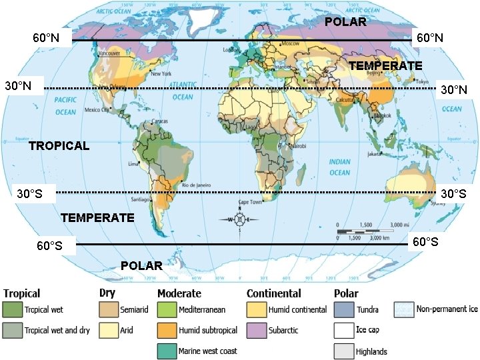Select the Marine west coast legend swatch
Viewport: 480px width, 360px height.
167,351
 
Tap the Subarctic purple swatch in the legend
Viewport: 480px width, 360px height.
257,330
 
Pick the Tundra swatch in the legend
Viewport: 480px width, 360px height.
344,309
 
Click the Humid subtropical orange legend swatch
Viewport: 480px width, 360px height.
167,330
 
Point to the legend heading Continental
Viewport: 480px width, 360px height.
273,293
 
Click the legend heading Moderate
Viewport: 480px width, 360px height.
179,293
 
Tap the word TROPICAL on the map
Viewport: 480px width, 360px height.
59,145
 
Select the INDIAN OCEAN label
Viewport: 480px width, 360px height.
339,167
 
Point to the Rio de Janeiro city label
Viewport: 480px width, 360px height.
197,185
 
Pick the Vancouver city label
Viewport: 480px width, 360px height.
109,52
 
